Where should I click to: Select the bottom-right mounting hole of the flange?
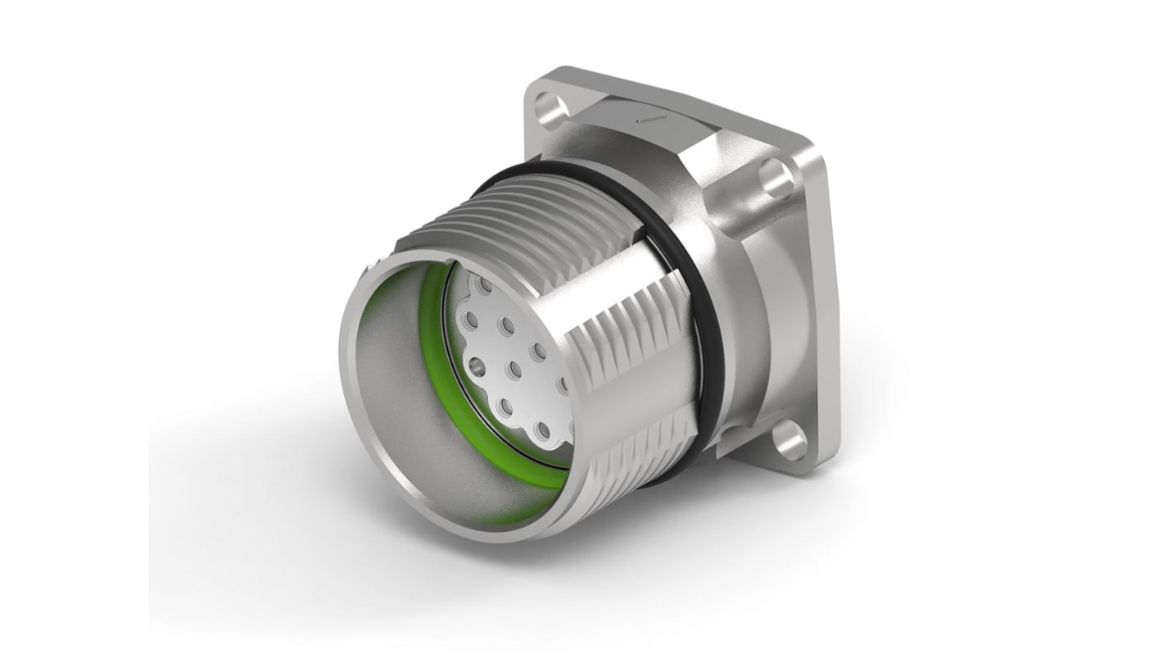[x=790, y=438]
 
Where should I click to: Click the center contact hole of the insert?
[x=514, y=366]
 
